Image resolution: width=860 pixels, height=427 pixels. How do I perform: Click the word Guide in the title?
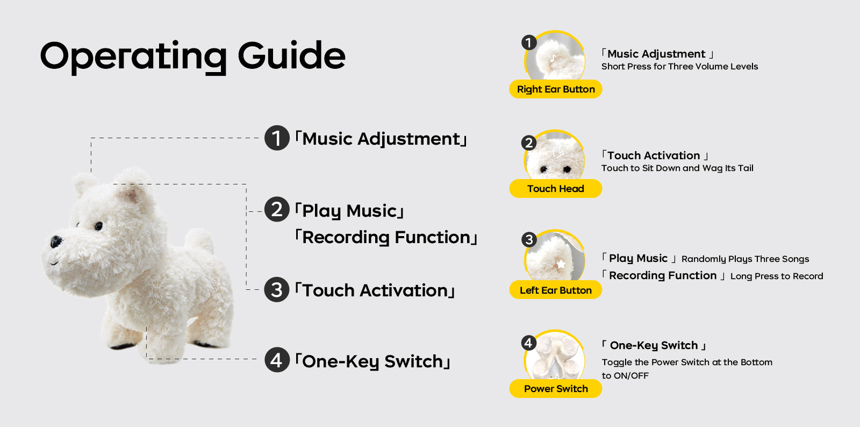pyautogui.click(x=291, y=56)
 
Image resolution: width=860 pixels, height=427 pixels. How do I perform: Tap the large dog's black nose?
pyautogui.click(x=56, y=241)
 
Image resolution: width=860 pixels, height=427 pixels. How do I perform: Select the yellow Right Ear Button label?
pyautogui.click(x=556, y=89)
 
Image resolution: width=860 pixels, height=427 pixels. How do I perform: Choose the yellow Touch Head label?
pyautogui.click(x=556, y=189)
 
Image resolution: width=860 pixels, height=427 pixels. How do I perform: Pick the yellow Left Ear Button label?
pyautogui.click(x=556, y=290)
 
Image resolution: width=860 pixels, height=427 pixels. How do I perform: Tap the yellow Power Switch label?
pyautogui.click(x=556, y=389)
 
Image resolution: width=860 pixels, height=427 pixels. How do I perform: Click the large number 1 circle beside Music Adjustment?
pyautogui.click(x=277, y=138)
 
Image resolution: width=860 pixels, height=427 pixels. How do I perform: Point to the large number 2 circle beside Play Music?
pyautogui.click(x=277, y=210)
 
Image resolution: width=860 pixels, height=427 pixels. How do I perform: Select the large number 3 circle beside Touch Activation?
pyautogui.click(x=277, y=290)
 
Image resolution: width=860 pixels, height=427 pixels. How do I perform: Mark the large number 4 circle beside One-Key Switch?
pyautogui.click(x=277, y=360)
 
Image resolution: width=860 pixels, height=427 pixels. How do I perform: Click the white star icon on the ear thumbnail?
pyautogui.click(x=561, y=264)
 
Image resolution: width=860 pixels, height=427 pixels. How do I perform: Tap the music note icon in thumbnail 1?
pyautogui.click(x=553, y=59)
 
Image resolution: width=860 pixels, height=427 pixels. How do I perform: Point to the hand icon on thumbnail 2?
pyautogui.click(x=557, y=151)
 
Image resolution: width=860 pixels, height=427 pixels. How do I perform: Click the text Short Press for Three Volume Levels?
pyautogui.click(x=679, y=67)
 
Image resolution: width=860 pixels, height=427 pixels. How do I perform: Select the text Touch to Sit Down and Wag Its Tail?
pyautogui.click(x=677, y=168)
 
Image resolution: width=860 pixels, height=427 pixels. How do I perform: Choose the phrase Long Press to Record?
pyautogui.click(x=777, y=276)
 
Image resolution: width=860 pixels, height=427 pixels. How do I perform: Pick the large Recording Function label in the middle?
pyautogui.click(x=386, y=238)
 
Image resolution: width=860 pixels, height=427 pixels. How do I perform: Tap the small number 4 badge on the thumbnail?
pyautogui.click(x=529, y=343)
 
